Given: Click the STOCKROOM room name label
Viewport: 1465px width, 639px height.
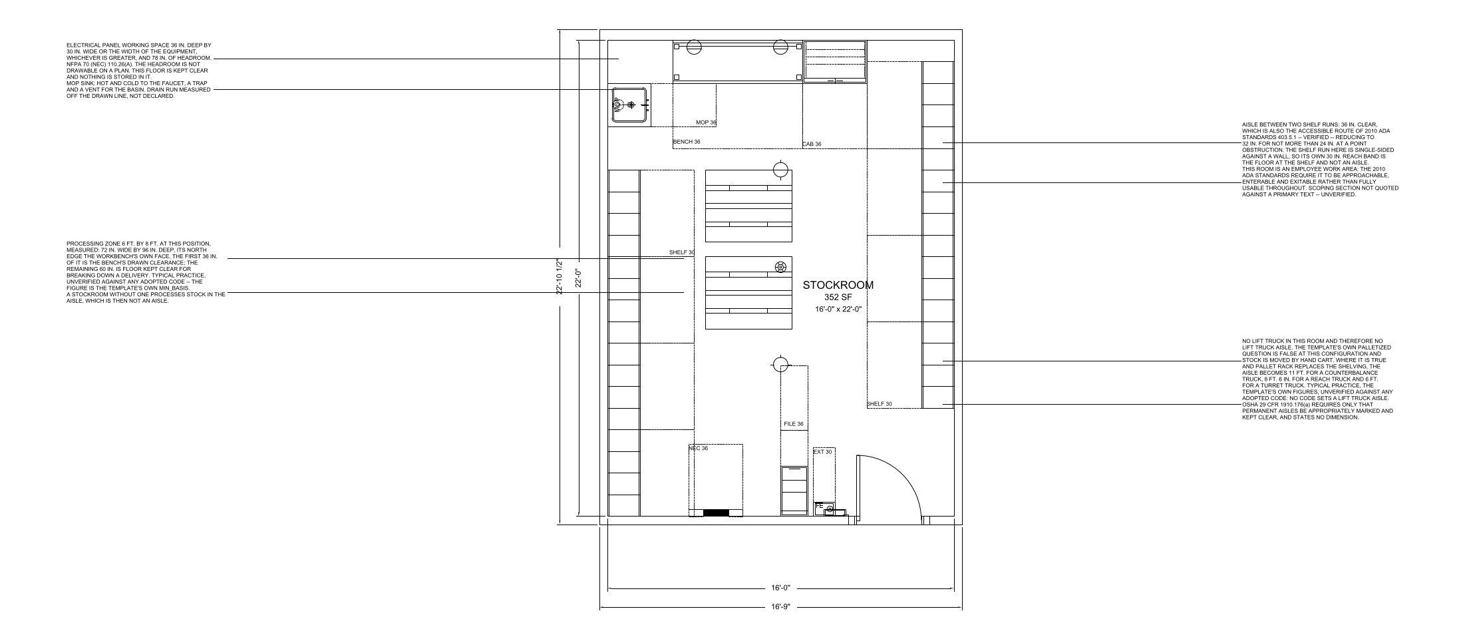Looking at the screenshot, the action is coord(838,285).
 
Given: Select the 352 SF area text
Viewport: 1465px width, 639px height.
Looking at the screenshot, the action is coord(838,298).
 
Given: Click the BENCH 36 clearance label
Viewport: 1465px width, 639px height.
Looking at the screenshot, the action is coord(687,142).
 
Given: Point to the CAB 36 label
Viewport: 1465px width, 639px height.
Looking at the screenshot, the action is coord(812,144).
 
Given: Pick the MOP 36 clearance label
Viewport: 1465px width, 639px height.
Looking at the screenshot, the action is coord(706,122).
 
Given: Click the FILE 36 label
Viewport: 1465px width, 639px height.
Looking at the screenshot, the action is coord(794,424).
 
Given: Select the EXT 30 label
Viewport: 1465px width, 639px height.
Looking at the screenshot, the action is coord(823,452).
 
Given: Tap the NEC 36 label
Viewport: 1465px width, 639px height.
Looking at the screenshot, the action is coord(699,448).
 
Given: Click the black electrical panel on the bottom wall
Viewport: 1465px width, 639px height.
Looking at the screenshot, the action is coord(716,513).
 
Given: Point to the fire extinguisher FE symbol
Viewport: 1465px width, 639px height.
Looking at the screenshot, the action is coord(826,508).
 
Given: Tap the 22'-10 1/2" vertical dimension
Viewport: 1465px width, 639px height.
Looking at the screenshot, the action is coord(560,276).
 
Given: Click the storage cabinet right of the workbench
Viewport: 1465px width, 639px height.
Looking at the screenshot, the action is coord(835,61).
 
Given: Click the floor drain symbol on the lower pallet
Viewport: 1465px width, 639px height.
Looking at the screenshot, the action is coord(780,267).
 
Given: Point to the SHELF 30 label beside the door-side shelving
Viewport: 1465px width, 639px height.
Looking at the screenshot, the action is coord(880,404).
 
